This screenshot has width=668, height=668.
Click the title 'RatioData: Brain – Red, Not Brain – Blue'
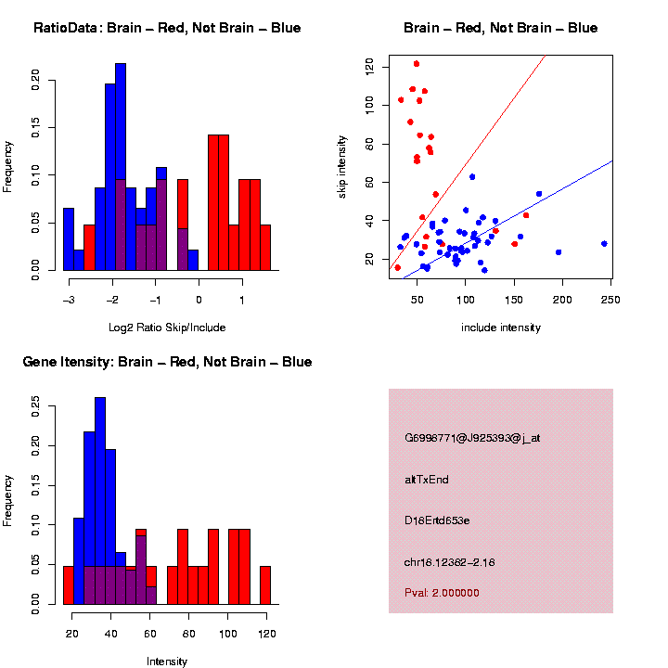(167, 28)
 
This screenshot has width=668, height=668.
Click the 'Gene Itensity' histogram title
(167, 362)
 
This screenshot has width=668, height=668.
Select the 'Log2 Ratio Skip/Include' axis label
(167, 328)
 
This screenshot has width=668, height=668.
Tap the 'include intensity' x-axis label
(501, 328)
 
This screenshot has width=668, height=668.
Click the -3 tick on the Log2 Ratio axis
(69, 300)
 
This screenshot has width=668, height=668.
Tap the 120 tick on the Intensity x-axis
(266, 634)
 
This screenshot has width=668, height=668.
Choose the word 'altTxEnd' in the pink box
(427, 480)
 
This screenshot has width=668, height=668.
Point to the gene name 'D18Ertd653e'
(437, 520)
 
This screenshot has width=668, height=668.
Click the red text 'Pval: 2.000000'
(442, 593)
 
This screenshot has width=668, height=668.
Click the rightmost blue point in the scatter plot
(604, 244)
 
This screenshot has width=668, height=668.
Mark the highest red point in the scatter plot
(417, 64)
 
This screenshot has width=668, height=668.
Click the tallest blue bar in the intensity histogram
(100, 482)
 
